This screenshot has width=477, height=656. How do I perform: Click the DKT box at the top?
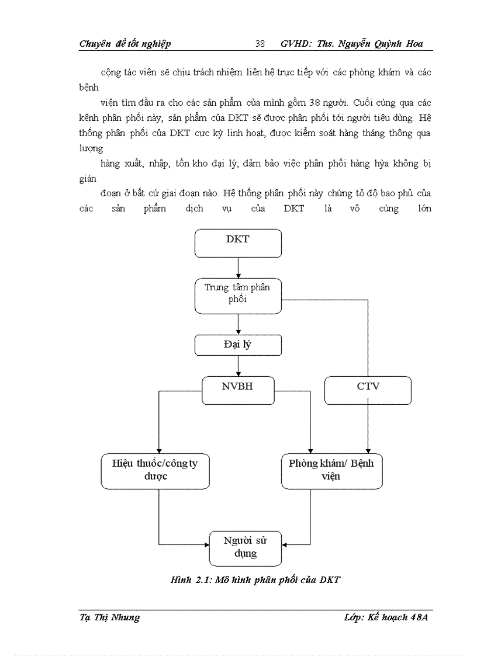pyautogui.click(x=238, y=243)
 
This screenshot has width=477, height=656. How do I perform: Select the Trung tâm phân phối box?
pyautogui.click(x=238, y=296)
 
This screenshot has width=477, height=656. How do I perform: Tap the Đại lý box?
pyautogui.click(x=238, y=345)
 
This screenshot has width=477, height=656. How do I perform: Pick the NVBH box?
pyautogui.click(x=238, y=390)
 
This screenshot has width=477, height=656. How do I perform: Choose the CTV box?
pyautogui.click(x=368, y=390)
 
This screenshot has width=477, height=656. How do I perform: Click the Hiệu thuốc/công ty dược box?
pyautogui.click(x=155, y=470)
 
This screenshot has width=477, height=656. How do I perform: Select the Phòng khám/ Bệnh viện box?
pyautogui.click(x=331, y=470)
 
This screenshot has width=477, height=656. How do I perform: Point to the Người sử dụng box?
pyautogui.click(x=245, y=548)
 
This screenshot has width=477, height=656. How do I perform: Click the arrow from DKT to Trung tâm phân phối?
pyautogui.click(x=238, y=268)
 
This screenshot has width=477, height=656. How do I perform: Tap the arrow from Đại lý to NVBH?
pyautogui.click(x=238, y=366)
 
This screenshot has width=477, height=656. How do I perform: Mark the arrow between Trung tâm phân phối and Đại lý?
pyautogui.click(x=238, y=324)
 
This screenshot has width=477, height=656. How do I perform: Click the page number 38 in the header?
pyautogui.click(x=260, y=44)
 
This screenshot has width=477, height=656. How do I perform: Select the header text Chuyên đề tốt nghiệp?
pyautogui.click(x=125, y=44)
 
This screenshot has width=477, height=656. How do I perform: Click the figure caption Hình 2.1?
pyautogui.click(x=255, y=580)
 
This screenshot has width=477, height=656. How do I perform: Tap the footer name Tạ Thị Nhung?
pyautogui.click(x=109, y=617)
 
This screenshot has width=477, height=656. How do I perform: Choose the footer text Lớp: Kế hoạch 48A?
pyautogui.click(x=386, y=617)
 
